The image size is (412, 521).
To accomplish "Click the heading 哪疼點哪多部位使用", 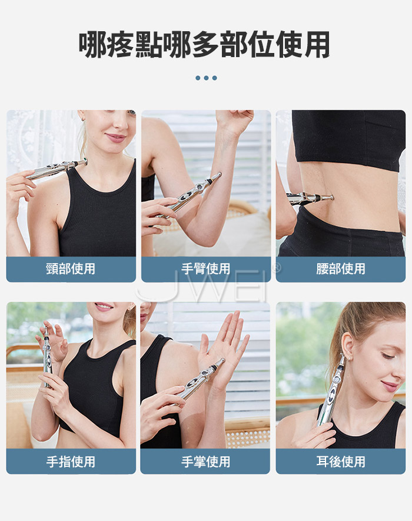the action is point(204,45).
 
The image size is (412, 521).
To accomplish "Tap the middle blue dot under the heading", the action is point(207,78).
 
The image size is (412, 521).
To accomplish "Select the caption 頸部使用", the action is point(71,269).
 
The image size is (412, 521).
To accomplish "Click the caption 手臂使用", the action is point(205,269).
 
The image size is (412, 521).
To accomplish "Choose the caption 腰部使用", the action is point(341,269).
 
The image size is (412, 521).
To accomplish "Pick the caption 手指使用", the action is point(71,462).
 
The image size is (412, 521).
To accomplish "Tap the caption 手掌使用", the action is point(205,462).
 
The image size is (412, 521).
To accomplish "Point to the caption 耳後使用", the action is point(341,462).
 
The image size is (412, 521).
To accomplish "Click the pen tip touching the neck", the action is point(85,161).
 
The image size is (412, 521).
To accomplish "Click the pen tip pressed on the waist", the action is point(331,197).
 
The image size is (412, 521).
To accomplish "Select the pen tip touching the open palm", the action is point(222,360).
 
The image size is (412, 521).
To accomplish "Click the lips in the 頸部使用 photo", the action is point(115,137).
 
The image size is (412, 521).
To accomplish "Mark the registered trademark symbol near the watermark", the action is point(277,267).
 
